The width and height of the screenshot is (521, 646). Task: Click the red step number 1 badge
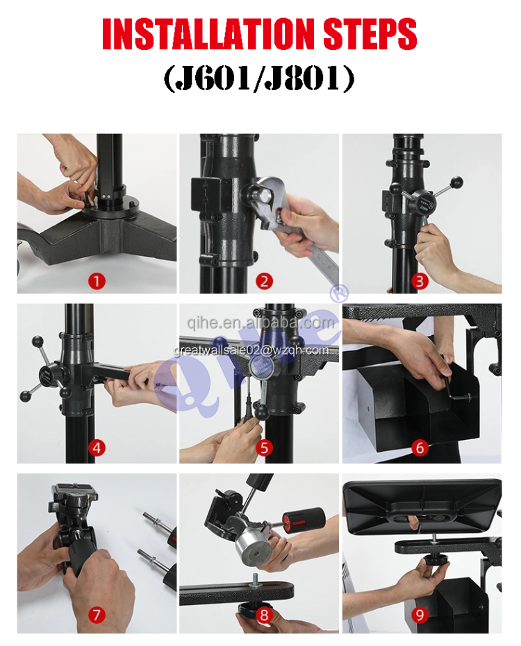coord(97,281)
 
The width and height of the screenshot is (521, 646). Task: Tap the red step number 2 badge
coord(264,281)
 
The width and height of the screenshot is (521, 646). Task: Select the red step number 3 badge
coord(420,281)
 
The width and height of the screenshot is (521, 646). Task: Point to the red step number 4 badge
coord(97,448)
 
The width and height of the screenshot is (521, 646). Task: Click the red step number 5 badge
coord(264,448)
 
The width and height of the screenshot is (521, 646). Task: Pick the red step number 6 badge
coord(420,448)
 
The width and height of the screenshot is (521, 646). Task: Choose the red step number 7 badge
coord(97,614)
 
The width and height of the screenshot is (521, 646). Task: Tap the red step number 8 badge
coord(264,614)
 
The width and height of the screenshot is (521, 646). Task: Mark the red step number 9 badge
coord(420,614)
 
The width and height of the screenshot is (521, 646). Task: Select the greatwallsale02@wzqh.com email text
coord(251,350)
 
